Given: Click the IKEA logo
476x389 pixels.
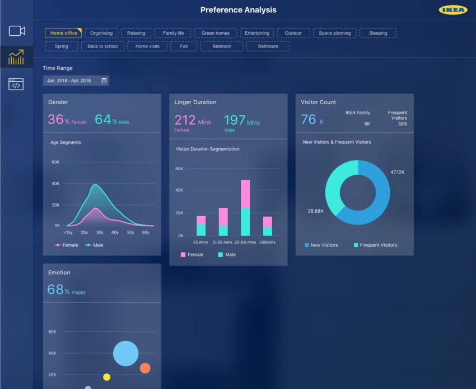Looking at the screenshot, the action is (453, 10).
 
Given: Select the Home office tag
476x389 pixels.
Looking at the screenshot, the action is (63, 33).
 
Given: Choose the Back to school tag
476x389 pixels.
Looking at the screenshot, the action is (102, 46).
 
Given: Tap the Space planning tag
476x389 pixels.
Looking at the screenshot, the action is (334, 33).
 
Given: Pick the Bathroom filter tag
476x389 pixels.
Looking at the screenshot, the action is (268, 46).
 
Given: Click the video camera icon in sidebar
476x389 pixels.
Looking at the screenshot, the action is (17, 31).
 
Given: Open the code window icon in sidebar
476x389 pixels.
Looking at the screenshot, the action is (16, 85).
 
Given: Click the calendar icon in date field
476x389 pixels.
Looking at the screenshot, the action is (104, 81).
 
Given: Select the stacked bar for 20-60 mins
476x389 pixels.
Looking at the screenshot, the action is (245, 208).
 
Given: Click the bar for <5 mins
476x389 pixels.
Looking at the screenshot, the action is (200, 226).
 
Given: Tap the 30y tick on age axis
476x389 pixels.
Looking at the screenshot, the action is (100, 232).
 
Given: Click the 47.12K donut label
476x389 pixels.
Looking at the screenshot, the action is (397, 172).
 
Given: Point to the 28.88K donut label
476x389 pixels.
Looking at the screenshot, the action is (315, 211).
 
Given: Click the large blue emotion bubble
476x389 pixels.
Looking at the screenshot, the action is (125, 353).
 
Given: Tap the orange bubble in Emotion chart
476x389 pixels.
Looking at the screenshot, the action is (144, 368).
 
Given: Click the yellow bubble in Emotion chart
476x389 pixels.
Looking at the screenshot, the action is (106, 377).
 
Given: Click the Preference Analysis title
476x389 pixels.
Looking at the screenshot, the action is (238, 10).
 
